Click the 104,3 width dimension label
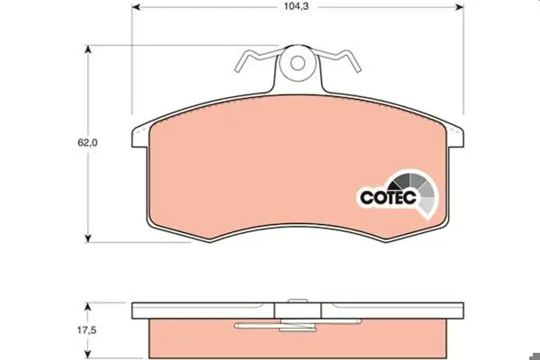(x=296, y=6)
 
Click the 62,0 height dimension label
(x=87, y=142)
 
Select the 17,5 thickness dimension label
(x=86, y=330)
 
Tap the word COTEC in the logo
(x=388, y=197)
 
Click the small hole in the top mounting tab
(x=297, y=63)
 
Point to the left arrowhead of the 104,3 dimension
(x=136, y=7)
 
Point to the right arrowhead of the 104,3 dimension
(x=459, y=7)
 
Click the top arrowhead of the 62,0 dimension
(x=88, y=49)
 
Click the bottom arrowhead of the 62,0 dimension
(x=88, y=238)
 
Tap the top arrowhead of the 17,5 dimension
(x=88, y=307)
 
